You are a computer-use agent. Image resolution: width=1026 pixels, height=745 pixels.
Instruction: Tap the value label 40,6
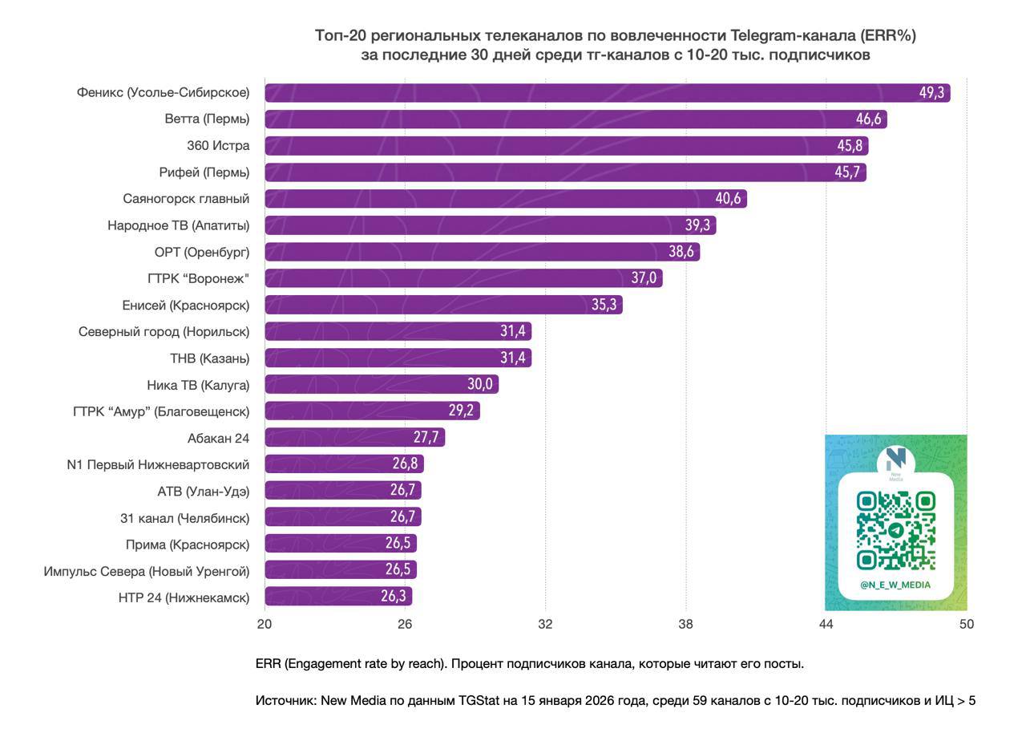[x=728, y=199]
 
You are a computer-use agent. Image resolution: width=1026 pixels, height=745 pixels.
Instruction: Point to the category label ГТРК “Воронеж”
[x=199, y=278]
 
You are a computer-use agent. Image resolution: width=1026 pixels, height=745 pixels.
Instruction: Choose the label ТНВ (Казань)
[x=209, y=358]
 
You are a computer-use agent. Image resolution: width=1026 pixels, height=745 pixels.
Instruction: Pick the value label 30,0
[x=480, y=384]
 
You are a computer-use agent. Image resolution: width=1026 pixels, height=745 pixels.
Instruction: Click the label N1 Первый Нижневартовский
[x=158, y=464]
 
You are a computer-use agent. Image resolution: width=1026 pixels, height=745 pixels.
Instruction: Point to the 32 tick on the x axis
[x=545, y=624]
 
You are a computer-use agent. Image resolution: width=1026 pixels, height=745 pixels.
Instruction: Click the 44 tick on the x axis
[x=826, y=624]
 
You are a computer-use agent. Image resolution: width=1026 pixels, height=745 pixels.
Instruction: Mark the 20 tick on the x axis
[x=265, y=624]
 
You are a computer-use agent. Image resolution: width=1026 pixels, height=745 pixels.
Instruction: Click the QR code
[x=895, y=530]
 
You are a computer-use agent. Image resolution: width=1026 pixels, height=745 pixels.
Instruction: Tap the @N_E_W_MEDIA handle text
[x=895, y=585]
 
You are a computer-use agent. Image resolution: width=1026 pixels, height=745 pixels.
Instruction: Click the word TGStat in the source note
[x=479, y=701]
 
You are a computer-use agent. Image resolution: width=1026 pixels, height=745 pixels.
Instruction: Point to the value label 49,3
[x=931, y=93]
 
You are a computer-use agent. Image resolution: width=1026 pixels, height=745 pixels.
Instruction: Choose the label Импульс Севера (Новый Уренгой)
[x=147, y=571]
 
